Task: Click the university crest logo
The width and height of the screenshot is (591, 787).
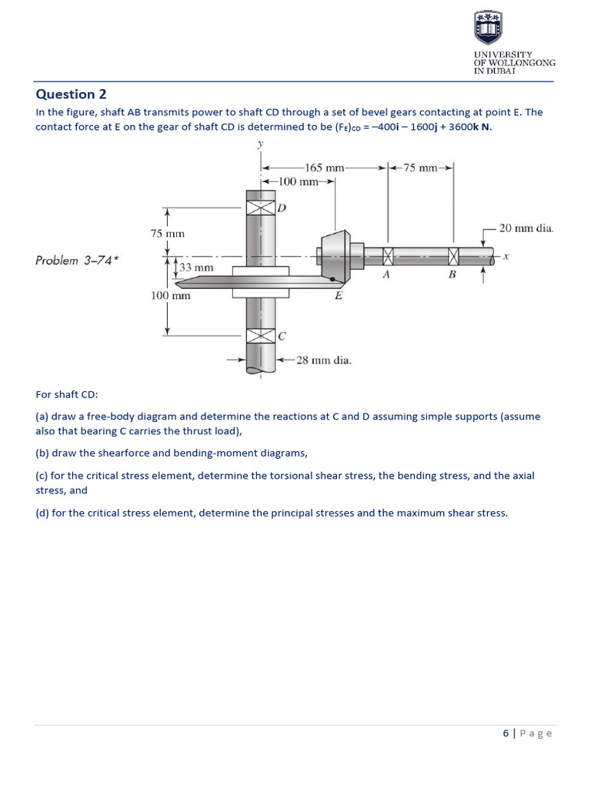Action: tap(489, 28)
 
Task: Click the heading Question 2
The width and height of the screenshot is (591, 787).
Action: tap(71, 95)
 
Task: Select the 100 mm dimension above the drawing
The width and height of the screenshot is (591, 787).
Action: tap(298, 181)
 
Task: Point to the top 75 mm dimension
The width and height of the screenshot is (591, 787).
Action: tap(419, 167)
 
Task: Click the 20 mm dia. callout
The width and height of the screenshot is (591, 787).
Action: tap(526, 228)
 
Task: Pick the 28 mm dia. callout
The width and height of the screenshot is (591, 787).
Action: tap(324, 360)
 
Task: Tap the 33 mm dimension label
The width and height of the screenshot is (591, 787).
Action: tap(196, 267)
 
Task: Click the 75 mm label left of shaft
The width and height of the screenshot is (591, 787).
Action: tap(167, 233)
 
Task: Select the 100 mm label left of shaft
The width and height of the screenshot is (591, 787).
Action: tap(170, 295)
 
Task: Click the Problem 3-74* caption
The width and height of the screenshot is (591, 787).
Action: tap(77, 261)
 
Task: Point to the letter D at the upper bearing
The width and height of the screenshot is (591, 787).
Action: tap(282, 208)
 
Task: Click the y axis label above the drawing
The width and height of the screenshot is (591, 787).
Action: tap(261, 144)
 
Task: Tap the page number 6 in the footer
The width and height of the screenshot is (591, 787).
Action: tap(506, 733)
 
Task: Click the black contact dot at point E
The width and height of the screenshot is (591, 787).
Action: tap(332, 280)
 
